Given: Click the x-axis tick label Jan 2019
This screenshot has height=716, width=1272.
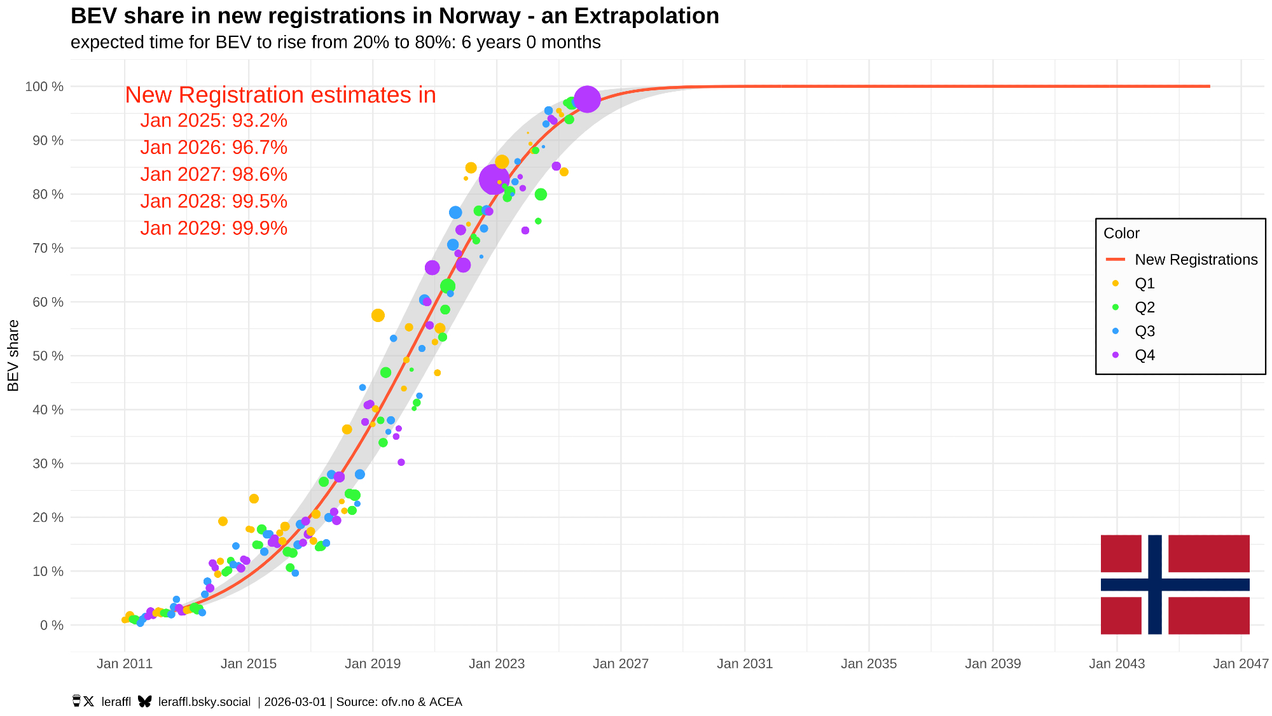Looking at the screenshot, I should coord(373,664).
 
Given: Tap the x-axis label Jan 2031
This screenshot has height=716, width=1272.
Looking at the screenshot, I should coord(745,664).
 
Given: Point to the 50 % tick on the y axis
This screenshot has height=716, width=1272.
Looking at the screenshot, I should coord(45,356).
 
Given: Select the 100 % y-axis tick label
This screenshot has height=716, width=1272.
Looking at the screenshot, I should coord(45,87).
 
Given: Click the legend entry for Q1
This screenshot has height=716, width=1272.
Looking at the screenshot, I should coord(1144,283).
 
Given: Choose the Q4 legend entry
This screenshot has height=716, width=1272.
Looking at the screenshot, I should coord(1144,355).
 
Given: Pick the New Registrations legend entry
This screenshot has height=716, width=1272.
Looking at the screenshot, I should coord(1196,260).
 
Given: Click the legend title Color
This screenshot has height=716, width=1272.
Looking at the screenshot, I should coord(1121,233).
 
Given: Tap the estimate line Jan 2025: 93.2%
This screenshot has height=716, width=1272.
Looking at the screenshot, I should coord(214,120).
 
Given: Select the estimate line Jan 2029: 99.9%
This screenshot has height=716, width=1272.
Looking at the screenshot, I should coord(214,228).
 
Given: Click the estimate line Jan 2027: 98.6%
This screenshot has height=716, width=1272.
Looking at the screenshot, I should coord(214,174).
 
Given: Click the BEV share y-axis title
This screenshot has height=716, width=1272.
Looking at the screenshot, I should coord(13,356).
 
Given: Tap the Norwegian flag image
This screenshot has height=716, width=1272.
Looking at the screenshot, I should coord(1175,584).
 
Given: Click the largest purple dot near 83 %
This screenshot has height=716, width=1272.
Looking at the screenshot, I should coord(494,179).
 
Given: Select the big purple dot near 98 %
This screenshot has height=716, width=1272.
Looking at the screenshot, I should coord(586,99).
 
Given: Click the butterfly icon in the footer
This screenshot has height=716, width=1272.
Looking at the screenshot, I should coord(145,701).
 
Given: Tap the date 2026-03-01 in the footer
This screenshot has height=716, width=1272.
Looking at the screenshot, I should coord(294,702).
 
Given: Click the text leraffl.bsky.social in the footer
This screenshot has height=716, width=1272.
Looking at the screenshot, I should coord(204,702).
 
